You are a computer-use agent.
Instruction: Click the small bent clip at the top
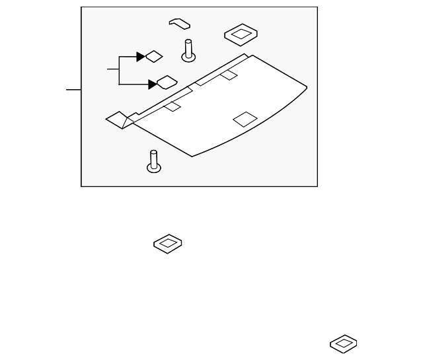[x=179, y=23]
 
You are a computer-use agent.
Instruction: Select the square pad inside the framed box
[x=241, y=35]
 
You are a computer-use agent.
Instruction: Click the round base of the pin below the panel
[x=153, y=167]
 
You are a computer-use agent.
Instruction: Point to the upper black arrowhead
[x=141, y=57]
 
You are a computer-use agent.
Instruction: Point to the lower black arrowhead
[x=153, y=84]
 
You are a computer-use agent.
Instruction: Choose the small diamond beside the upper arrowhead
[x=154, y=56]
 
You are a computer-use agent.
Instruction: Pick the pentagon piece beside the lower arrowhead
[x=167, y=82]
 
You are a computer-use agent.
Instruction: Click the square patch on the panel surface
[x=245, y=119]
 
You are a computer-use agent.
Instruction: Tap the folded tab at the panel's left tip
[x=118, y=120]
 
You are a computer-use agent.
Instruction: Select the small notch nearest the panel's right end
[x=229, y=75]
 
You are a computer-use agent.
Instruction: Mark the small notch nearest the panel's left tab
[x=173, y=106]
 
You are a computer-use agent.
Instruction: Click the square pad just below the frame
[x=168, y=242]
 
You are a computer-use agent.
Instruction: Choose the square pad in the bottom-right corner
[x=344, y=343]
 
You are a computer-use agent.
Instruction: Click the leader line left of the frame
[x=73, y=89]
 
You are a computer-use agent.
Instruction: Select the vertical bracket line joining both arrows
[x=118, y=70]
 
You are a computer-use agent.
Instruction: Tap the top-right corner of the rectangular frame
[x=317, y=7]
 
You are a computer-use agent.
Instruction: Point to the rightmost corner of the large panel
[x=307, y=87]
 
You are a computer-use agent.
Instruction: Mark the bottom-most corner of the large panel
[x=192, y=157]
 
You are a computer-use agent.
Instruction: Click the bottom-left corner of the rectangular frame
[x=81, y=186]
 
